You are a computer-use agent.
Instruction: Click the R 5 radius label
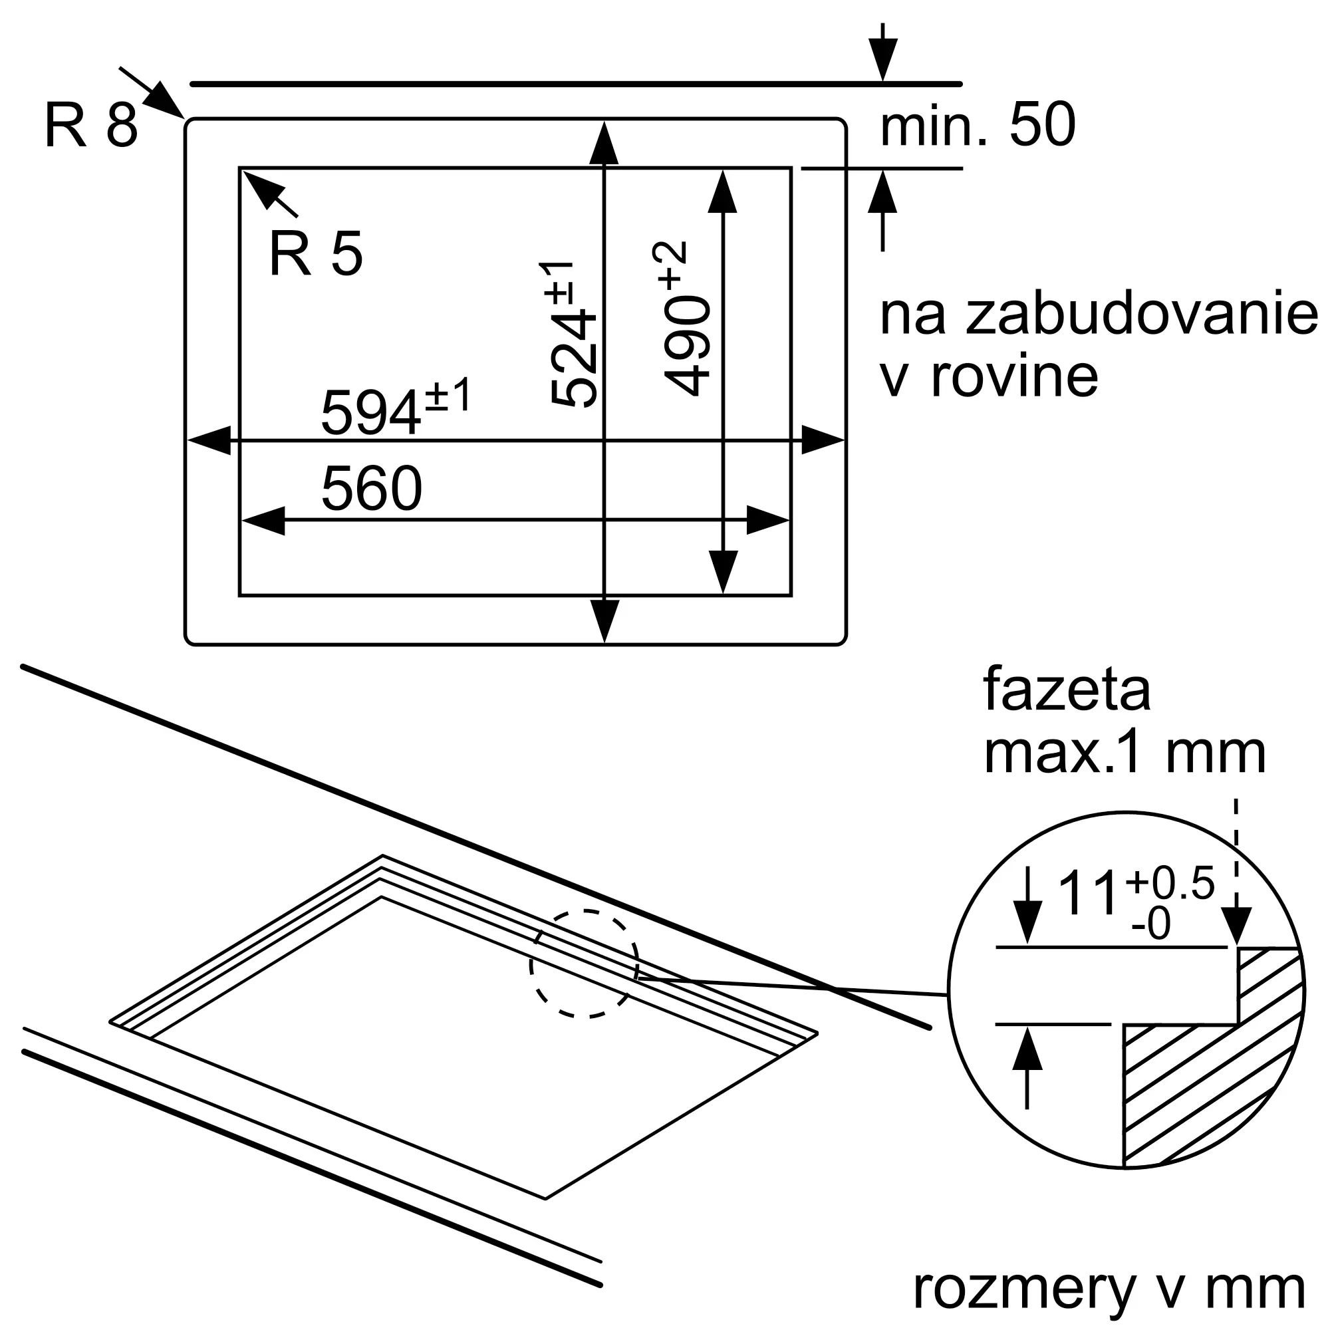click(x=316, y=254)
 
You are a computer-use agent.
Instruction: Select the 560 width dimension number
click(x=372, y=488)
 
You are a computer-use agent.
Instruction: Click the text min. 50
click(x=978, y=124)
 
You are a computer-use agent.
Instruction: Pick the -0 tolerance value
click(x=1150, y=924)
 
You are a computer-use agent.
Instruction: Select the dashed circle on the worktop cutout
click(x=585, y=963)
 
